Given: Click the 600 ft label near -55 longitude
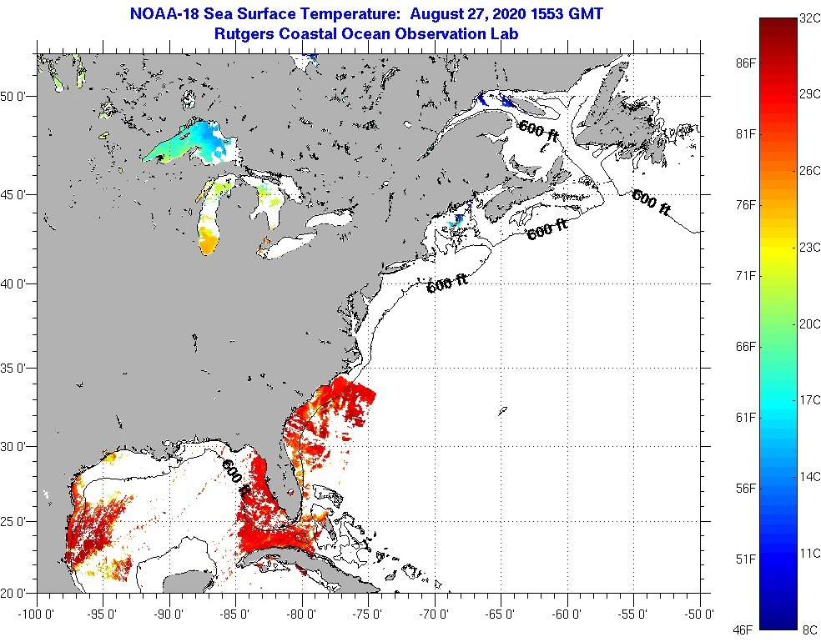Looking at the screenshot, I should coord(651,203).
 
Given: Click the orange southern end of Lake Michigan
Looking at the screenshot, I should coord(209,243).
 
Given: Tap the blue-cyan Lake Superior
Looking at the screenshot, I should coord(190,143).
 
